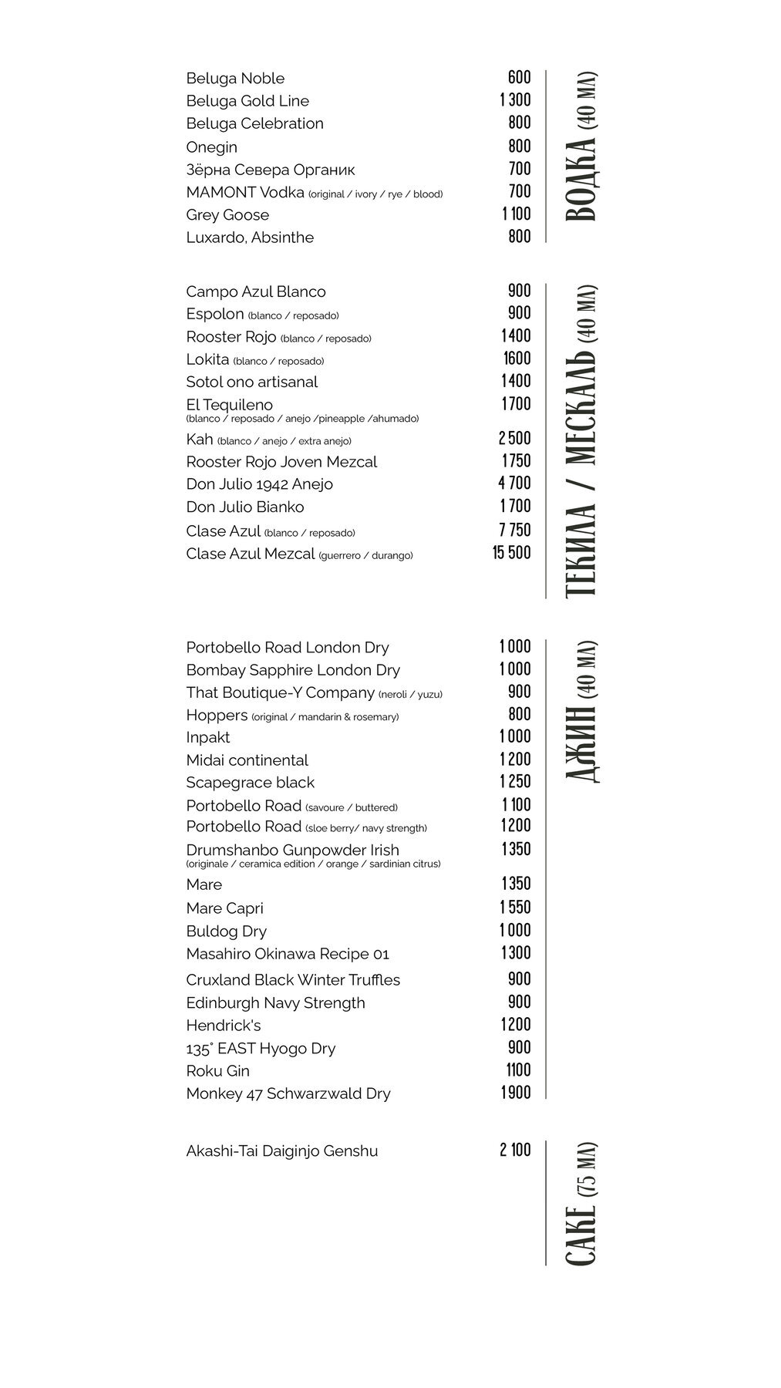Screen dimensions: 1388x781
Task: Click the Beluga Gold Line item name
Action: point(247,101)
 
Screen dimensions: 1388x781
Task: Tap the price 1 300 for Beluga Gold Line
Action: point(515,99)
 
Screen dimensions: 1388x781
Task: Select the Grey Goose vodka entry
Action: point(227,215)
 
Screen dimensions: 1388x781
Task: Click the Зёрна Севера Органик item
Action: point(271,170)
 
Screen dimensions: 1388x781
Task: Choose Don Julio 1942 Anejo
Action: point(259,484)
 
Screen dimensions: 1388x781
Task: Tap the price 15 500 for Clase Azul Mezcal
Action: point(512,553)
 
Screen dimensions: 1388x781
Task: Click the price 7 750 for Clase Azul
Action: point(514,531)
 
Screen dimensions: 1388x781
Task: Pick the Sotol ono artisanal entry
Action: point(251,382)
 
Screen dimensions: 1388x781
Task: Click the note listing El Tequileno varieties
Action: point(302,419)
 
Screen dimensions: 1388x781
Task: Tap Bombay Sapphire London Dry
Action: point(293,670)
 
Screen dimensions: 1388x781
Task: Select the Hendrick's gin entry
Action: point(224,1026)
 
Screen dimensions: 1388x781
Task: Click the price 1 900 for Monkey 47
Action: point(516,1093)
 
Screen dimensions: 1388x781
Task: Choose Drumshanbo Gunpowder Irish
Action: point(292,850)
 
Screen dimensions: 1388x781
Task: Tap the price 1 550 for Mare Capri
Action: point(516,908)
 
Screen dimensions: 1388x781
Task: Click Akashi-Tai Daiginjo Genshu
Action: point(282,1151)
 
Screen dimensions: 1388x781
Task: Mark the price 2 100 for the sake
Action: point(515,1150)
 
